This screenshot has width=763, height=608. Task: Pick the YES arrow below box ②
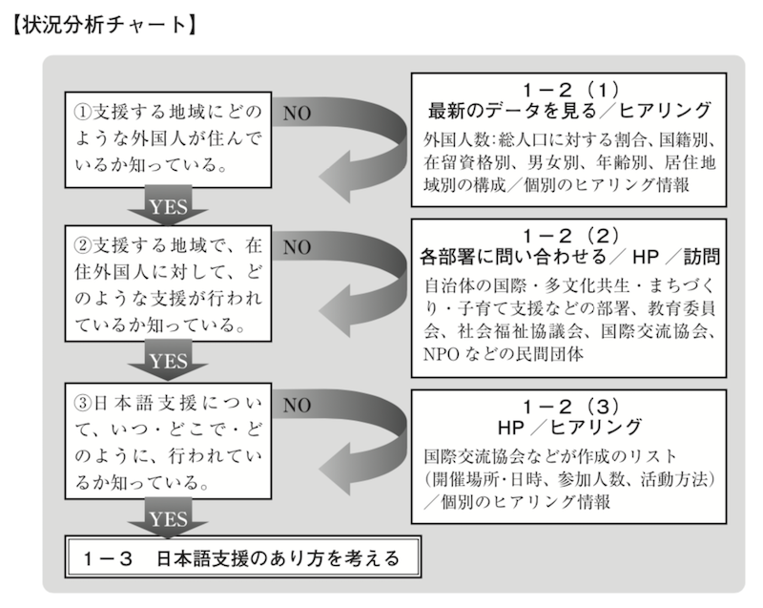pyautogui.click(x=168, y=361)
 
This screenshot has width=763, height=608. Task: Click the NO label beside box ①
pyautogui.click(x=298, y=114)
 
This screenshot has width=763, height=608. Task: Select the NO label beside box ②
pyautogui.click(x=298, y=247)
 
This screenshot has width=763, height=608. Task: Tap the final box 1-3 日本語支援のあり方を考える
pyautogui.click(x=246, y=556)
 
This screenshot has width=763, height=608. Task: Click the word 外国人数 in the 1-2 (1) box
pyautogui.click(x=455, y=139)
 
